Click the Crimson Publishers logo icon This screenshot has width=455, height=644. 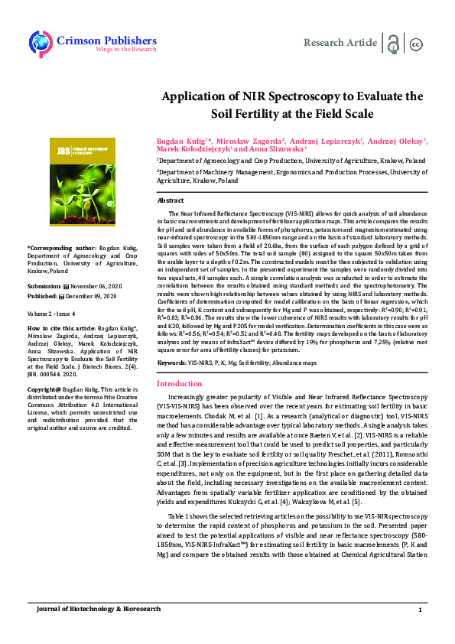pyautogui.click(x=40, y=42)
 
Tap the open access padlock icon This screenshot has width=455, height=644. pyautogui.click(x=393, y=43)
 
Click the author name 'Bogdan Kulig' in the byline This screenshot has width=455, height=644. pyautogui.click(x=180, y=141)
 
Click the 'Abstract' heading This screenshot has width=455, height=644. pyautogui.click(x=170, y=200)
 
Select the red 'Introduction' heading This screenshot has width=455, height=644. pyautogui.click(x=180, y=383)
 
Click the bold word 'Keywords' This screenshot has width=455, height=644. pyautogui.click(x=171, y=362)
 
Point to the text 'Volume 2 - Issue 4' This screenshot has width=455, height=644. pyautogui.click(x=50, y=313)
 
